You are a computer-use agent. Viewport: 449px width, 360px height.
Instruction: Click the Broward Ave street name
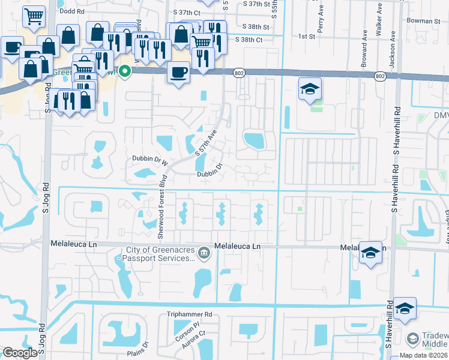(x=364, y=53)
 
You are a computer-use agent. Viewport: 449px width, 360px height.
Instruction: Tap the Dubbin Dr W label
(x=148, y=159)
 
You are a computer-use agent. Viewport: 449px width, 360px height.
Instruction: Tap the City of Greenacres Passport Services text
(x=160, y=254)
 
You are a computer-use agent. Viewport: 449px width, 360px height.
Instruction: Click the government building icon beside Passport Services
(x=204, y=252)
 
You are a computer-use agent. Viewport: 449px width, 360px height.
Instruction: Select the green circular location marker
(x=125, y=71)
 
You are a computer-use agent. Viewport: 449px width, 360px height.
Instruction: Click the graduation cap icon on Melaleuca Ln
(x=370, y=252)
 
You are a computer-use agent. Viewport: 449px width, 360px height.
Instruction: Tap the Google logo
(x=20, y=353)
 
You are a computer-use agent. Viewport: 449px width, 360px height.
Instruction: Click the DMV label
(x=440, y=115)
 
